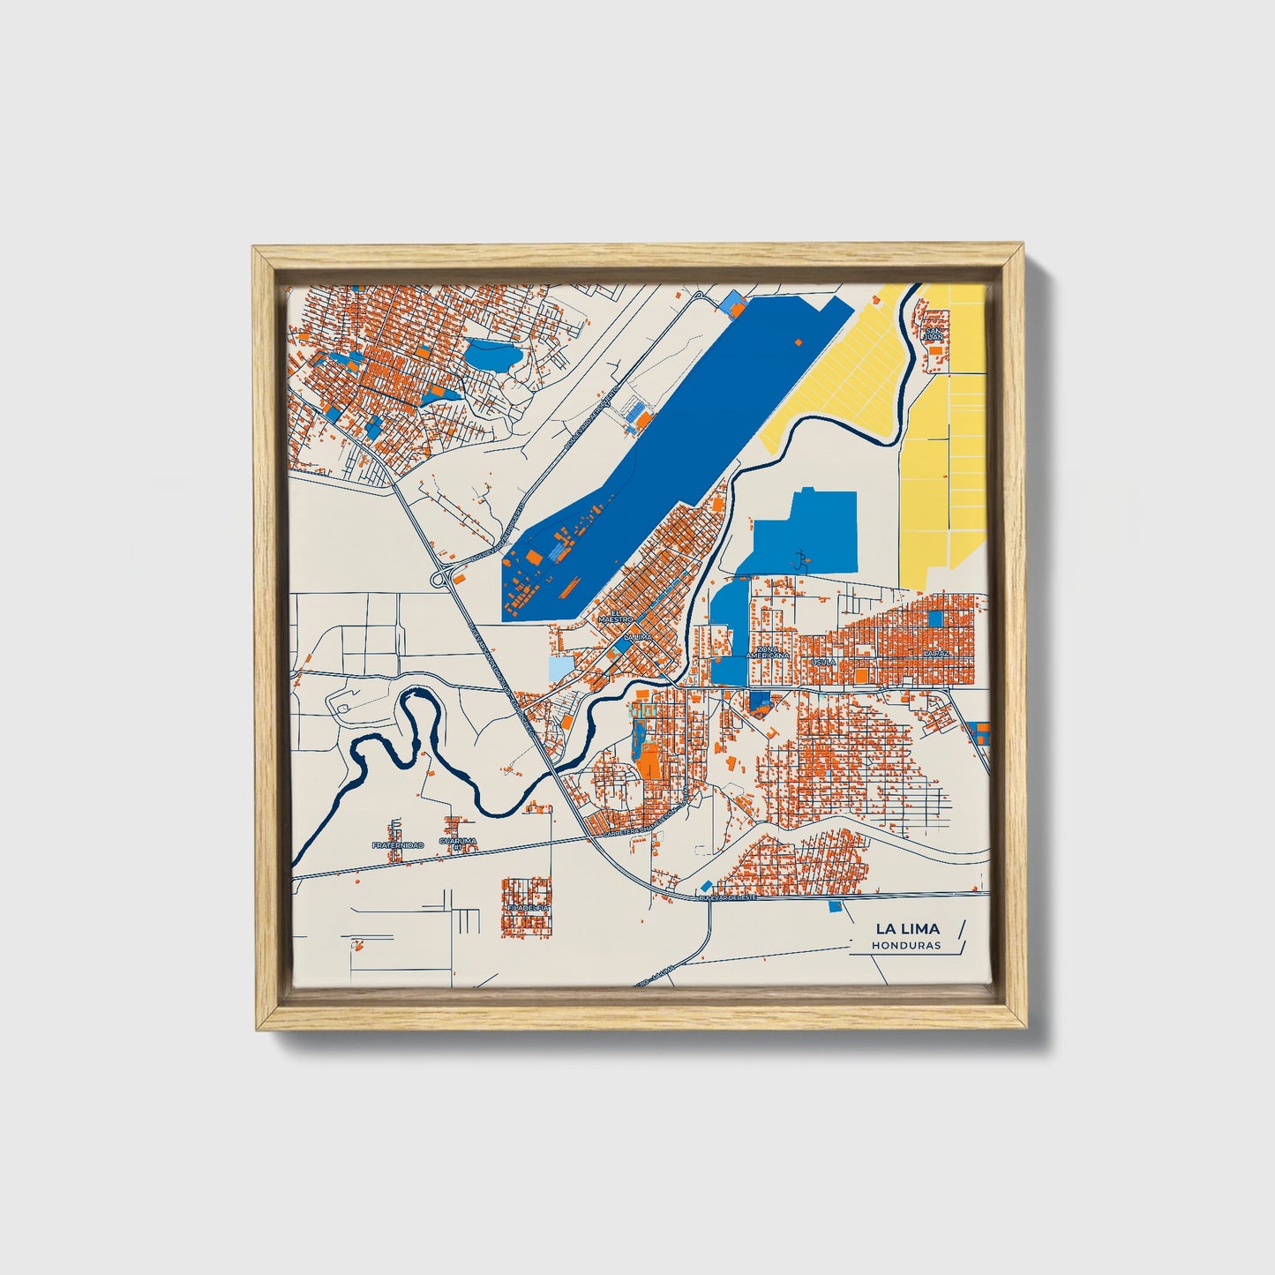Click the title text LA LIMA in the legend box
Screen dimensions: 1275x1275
907,928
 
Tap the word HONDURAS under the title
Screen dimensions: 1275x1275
905,945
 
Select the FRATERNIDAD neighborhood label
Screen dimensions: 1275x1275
397,845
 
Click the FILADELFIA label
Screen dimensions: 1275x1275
528,906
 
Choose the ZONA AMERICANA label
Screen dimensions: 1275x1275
767,653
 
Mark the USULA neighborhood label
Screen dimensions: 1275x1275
823,660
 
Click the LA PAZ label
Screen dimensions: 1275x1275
935,653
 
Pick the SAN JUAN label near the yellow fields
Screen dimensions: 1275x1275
933,334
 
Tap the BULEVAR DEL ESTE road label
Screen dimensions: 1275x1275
728,897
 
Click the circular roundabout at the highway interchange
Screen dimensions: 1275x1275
439,580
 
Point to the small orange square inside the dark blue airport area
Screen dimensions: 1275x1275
799,341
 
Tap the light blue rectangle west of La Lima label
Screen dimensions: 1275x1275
560,669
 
